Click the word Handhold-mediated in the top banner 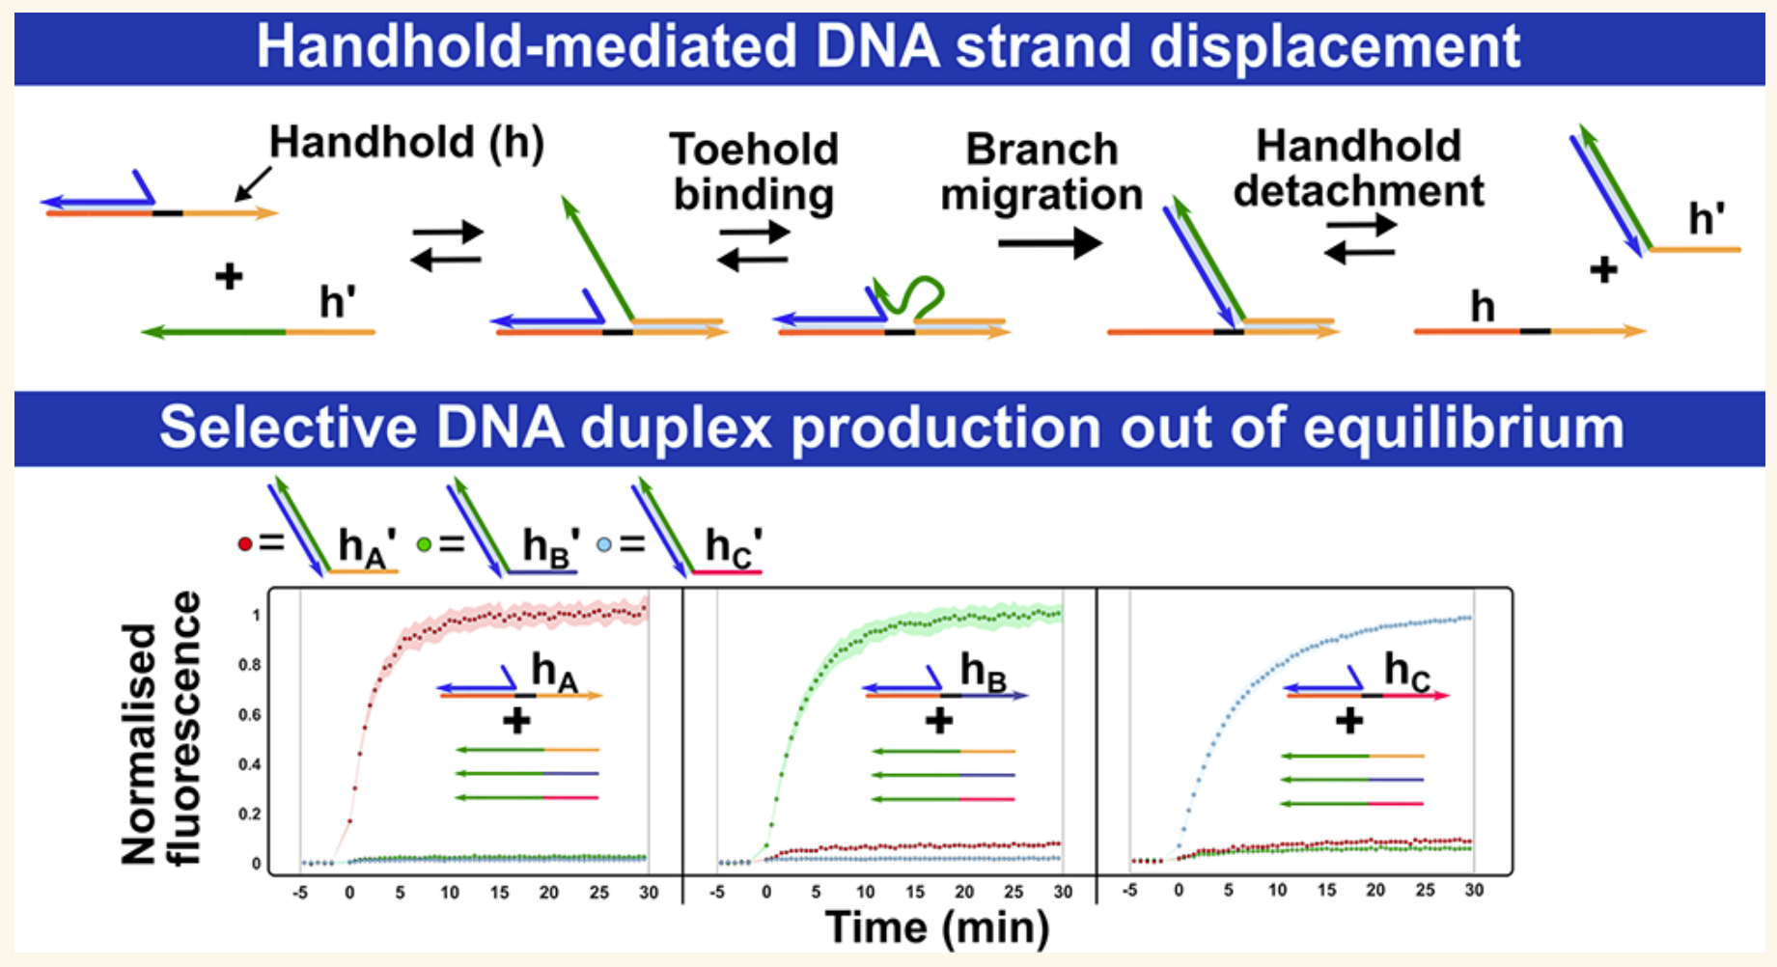[x=527, y=47]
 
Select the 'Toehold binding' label [x=754, y=172]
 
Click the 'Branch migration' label [x=1041, y=172]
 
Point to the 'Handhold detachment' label [x=1359, y=169]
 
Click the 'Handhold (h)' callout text [x=406, y=142]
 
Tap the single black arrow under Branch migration [x=1050, y=242]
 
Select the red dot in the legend [x=245, y=544]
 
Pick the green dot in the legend [x=424, y=544]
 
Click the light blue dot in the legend [x=603, y=544]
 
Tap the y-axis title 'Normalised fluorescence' [x=160, y=729]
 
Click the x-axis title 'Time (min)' [x=937, y=927]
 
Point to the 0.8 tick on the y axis [x=249, y=665]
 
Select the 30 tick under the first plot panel [x=649, y=893]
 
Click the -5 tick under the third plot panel [x=1130, y=890]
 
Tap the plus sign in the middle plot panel [x=938, y=721]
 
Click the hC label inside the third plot [x=1407, y=671]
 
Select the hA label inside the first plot [x=555, y=672]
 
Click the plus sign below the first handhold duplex [x=229, y=277]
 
